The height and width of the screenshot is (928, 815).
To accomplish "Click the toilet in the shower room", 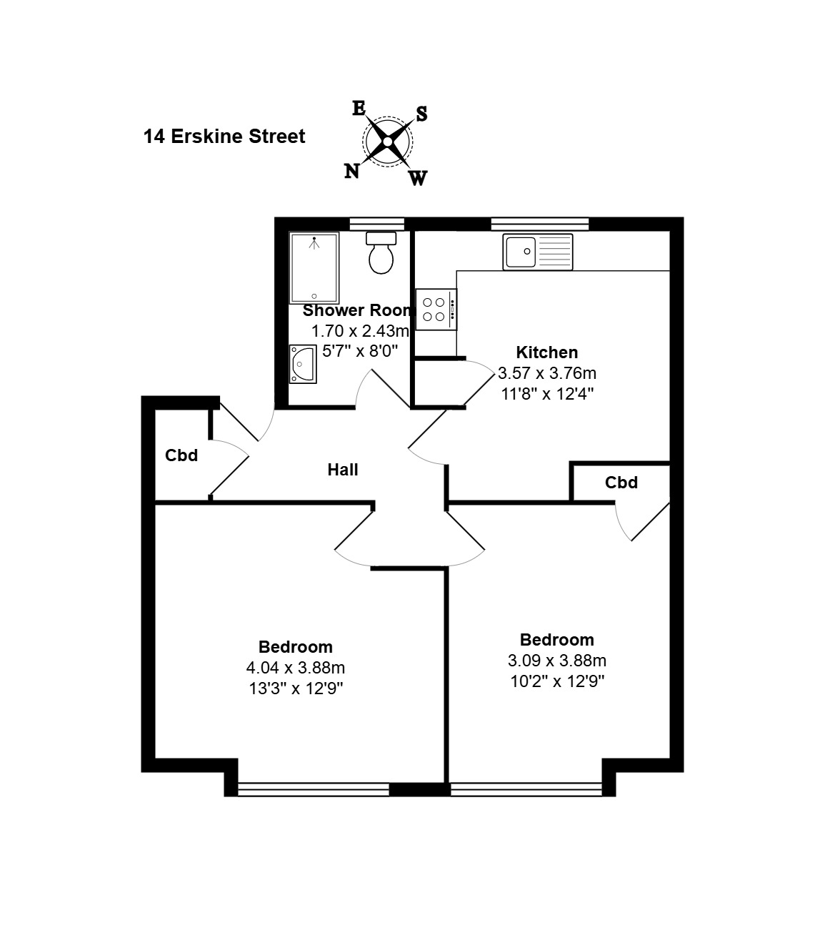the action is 381,252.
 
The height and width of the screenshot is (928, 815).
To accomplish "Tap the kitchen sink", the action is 537,252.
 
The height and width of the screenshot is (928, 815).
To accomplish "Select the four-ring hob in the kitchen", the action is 436,309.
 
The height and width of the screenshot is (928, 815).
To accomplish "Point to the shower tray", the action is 314,267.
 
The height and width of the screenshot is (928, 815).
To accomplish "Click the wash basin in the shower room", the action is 302,364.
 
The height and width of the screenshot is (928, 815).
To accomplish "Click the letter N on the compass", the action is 351,172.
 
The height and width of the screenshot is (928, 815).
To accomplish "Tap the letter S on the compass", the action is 421,114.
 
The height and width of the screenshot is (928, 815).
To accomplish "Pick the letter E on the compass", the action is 359,108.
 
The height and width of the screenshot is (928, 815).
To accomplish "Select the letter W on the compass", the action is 418,178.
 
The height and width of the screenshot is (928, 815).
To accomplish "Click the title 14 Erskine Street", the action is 224,137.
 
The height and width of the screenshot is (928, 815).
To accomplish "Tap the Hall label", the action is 343,470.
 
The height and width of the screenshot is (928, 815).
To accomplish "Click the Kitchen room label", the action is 547,352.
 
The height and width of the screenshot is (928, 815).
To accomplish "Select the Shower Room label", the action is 357,310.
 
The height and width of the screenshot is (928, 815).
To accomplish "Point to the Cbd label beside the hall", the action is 181,455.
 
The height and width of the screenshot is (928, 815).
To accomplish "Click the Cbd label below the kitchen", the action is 621,483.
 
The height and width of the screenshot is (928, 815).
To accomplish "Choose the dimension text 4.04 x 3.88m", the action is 296,667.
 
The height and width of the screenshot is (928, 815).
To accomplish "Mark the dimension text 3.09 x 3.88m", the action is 557,660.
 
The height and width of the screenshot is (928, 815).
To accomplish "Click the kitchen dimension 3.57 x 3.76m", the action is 547,373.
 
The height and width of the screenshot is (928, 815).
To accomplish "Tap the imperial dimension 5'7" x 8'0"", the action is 360,351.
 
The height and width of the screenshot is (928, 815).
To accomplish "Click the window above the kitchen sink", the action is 540,224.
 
